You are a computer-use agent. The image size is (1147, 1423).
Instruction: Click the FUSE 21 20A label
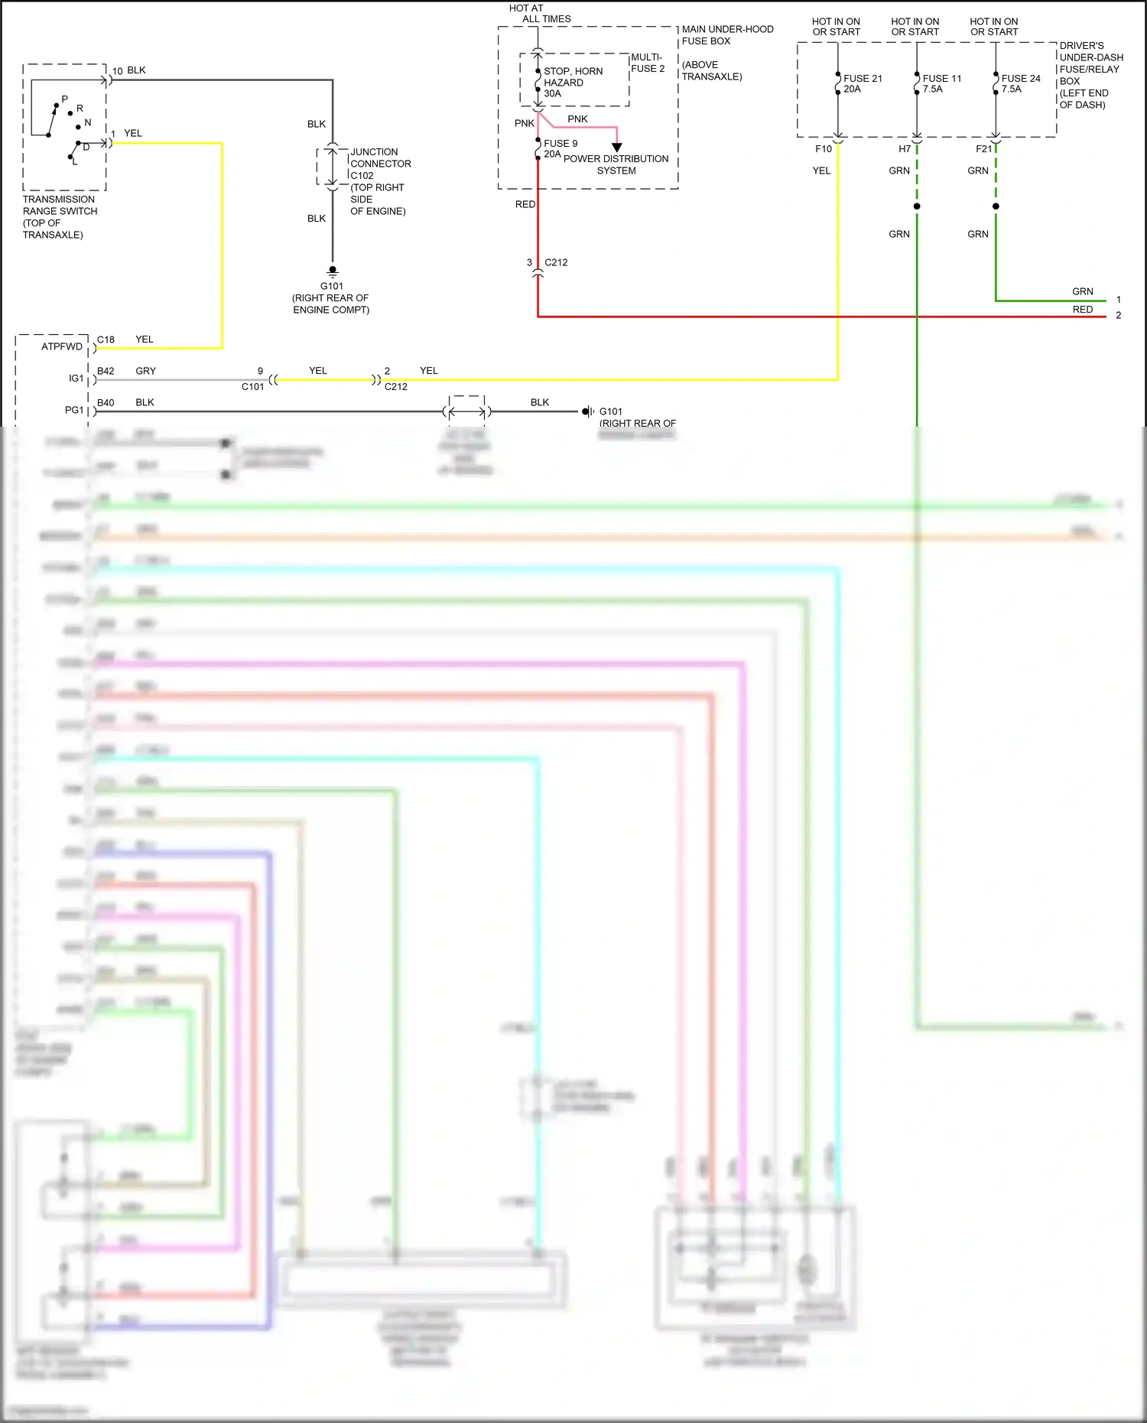[862, 83]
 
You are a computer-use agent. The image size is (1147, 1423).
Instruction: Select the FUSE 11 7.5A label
[941, 83]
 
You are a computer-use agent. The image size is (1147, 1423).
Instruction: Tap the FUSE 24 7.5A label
[1020, 83]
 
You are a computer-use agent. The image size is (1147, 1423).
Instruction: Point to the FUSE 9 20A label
[560, 148]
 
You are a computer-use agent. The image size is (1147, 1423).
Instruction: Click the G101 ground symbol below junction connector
[333, 271]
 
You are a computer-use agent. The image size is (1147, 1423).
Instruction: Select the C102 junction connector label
[362, 175]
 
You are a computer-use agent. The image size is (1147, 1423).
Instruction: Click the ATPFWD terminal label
[61, 346]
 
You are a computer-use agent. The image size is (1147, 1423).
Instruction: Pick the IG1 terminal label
[76, 378]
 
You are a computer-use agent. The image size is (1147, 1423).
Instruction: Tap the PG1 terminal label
[73, 410]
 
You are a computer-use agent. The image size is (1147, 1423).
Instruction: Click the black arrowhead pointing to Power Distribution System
[616, 147]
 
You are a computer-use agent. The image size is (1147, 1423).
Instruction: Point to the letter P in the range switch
[64, 99]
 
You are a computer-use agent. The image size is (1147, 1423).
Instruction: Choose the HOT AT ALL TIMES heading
[540, 14]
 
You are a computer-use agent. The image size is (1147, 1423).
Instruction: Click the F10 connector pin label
[823, 149]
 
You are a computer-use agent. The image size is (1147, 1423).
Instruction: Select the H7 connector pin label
[904, 149]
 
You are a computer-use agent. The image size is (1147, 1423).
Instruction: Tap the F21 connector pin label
[983, 149]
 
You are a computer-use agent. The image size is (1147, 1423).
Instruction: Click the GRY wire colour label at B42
[145, 371]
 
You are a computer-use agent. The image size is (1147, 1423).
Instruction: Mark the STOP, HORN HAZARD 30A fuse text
[572, 82]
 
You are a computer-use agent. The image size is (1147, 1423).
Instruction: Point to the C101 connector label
[252, 387]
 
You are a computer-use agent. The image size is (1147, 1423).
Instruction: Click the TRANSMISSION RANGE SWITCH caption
[60, 216]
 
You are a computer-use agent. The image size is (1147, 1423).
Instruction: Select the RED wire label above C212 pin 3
[525, 204]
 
